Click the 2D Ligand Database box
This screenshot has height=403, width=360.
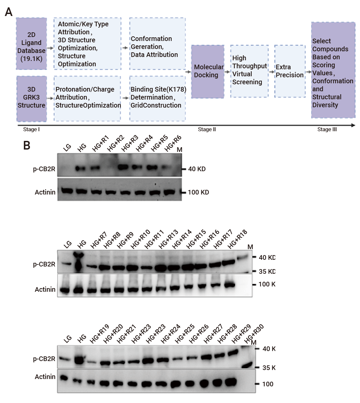tap(31, 44)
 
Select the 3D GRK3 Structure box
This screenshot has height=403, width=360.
tap(31, 99)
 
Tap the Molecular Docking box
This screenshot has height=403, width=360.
tap(208, 72)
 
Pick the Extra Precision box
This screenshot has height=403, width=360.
tap(290, 71)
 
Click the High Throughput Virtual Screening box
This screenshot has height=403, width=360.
tap(249, 71)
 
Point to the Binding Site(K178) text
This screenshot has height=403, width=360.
tap(158, 90)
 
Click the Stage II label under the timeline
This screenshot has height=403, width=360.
tap(207, 130)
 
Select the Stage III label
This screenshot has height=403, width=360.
tap(327, 130)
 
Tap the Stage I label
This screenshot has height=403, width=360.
tap(31, 130)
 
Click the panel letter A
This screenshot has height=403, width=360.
tap(9, 12)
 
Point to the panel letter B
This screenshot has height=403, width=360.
tap(27, 145)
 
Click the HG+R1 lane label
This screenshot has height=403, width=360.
tap(101, 143)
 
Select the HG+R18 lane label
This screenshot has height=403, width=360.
tap(237, 239)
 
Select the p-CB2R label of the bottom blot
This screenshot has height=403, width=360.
tap(44, 359)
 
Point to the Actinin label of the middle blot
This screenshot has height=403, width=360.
tap(45, 289)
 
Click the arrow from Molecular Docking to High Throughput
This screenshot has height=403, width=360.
tap(227, 72)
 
